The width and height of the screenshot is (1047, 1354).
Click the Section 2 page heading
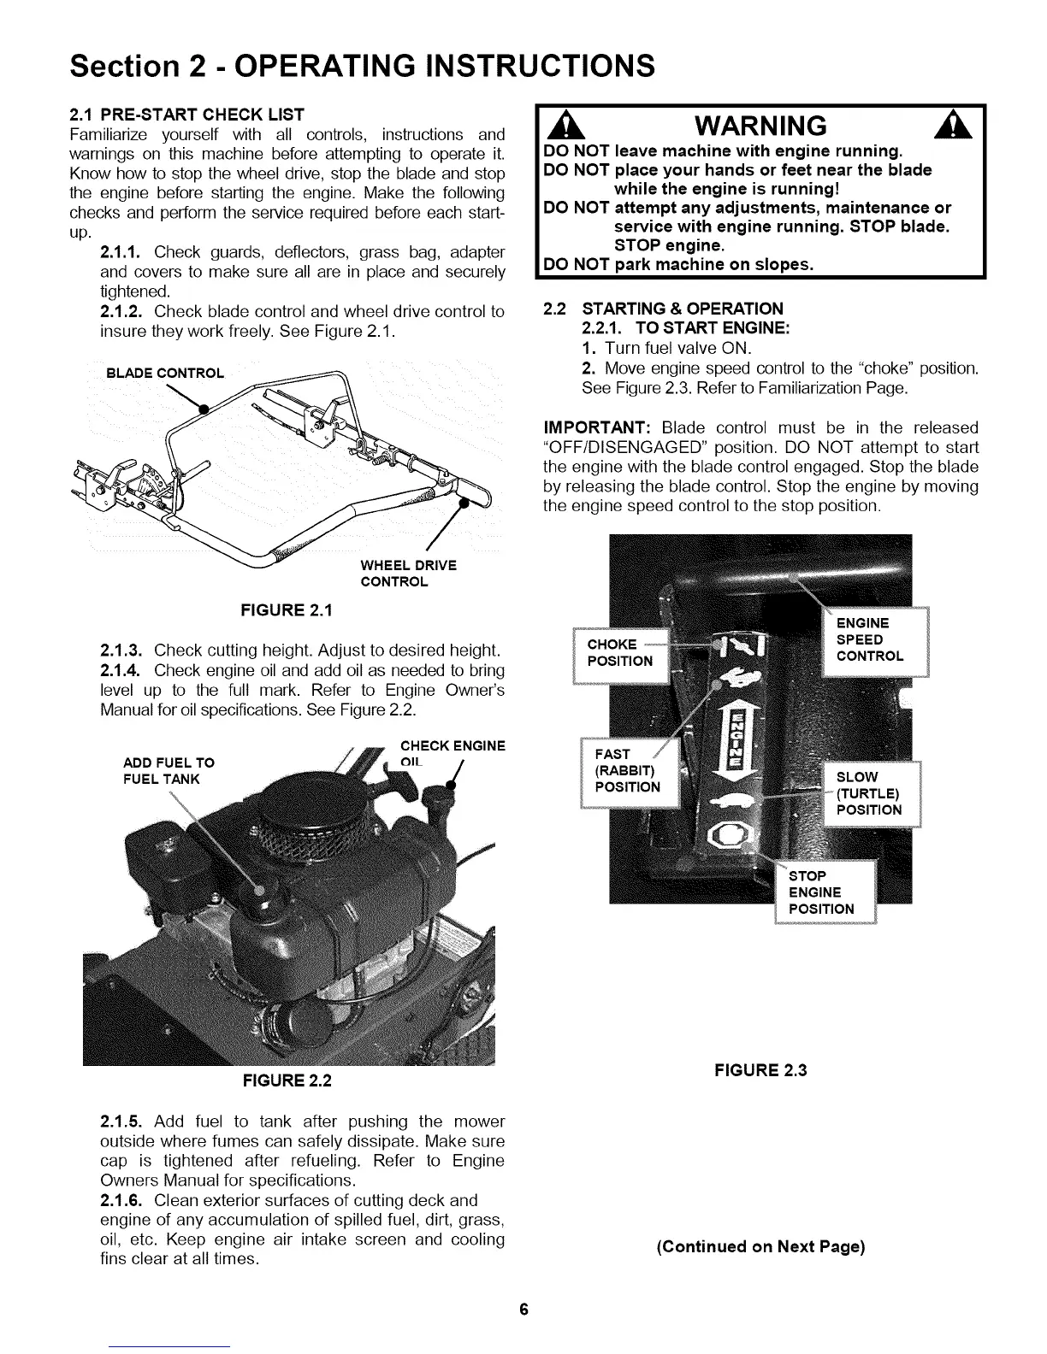(363, 64)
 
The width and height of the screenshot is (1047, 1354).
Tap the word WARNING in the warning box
(760, 126)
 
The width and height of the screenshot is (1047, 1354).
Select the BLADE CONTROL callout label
(164, 373)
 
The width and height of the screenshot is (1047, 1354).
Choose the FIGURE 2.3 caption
(761, 1069)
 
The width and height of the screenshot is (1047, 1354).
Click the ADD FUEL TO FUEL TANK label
(169, 771)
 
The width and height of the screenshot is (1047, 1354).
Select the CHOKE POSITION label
(619, 652)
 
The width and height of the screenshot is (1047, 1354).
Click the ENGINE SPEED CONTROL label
(869, 639)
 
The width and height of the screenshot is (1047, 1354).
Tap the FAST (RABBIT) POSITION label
(626, 770)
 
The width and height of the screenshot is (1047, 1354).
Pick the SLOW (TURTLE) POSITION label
(868, 793)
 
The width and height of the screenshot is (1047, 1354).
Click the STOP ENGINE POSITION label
(820, 892)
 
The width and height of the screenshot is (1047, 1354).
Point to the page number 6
(523, 1310)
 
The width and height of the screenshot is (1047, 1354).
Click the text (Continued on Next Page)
(760, 1246)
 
